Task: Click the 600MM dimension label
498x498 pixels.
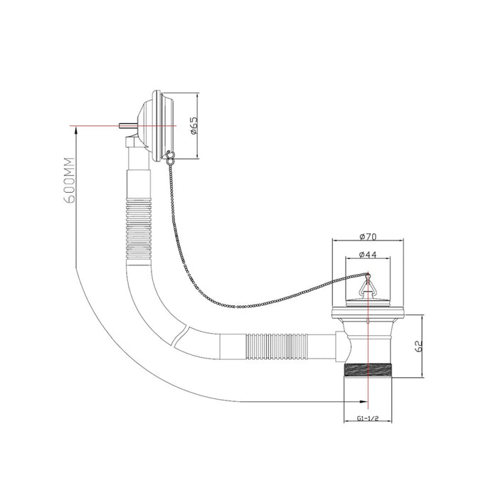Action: [69, 180]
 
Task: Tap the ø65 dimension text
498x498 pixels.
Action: [194, 125]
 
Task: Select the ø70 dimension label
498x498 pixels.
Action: [368, 237]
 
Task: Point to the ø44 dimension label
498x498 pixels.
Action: [368, 255]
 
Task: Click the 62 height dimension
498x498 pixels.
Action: [419, 346]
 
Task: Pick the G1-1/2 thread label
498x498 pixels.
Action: [368, 418]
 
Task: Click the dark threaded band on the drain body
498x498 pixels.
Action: [368, 371]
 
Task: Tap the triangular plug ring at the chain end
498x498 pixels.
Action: [368, 285]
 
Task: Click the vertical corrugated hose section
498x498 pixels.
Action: [139, 228]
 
